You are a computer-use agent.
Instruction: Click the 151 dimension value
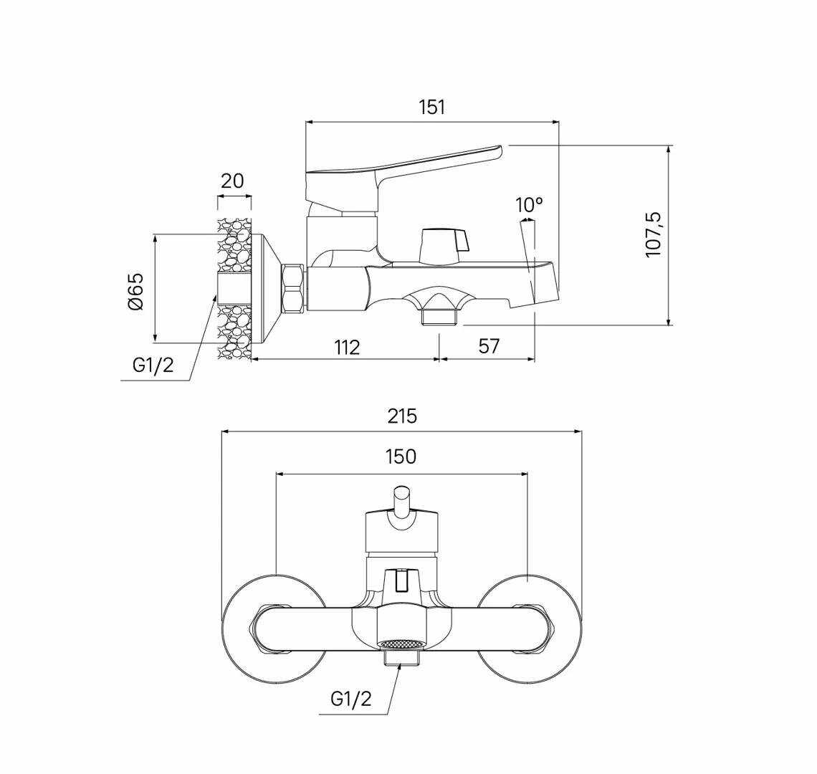coord(432,107)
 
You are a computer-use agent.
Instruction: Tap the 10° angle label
coord(529,205)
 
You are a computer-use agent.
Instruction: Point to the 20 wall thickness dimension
coord(232,181)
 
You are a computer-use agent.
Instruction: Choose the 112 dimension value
coord(347,347)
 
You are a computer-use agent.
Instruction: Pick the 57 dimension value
coord(488,345)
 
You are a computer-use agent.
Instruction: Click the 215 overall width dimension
coord(402,416)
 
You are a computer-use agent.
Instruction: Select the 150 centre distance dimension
coord(401,457)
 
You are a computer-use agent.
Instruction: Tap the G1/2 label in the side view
coord(153,365)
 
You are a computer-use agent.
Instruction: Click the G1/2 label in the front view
coord(350,699)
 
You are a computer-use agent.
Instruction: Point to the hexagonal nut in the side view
coord(293,289)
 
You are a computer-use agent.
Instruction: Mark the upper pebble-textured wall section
coord(234,245)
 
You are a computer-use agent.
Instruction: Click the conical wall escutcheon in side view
coord(267,289)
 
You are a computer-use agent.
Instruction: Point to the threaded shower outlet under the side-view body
coord(441,317)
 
